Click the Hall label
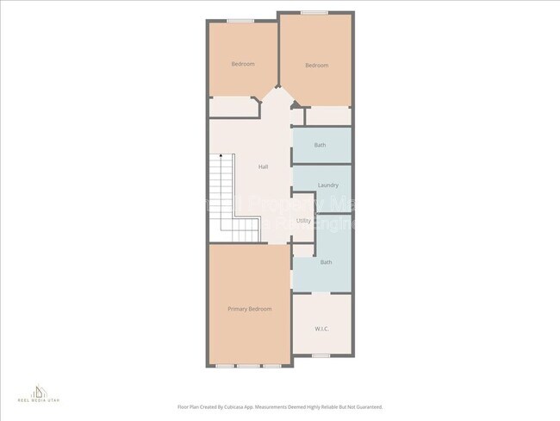(263, 167)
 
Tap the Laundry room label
(327, 185)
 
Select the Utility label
(303, 221)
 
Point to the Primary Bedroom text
(249, 309)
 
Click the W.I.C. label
(321, 329)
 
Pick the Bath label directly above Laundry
(320, 145)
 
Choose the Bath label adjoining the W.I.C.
(326, 262)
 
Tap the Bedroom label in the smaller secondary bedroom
(243, 64)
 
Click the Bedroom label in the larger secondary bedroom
(317, 66)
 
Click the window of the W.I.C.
(321, 355)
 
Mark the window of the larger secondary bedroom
(314, 13)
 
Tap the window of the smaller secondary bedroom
(240, 21)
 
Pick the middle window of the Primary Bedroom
(249, 366)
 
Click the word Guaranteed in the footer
(365, 407)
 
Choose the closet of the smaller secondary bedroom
(233, 107)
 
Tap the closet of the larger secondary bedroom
(328, 115)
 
